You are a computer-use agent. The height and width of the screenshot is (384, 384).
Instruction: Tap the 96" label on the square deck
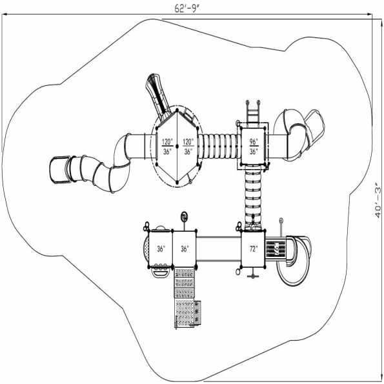click(254, 141)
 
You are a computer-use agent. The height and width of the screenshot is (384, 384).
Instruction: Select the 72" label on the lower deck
click(252, 248)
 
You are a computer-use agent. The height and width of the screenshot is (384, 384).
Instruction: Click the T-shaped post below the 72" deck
click(253, 274)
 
